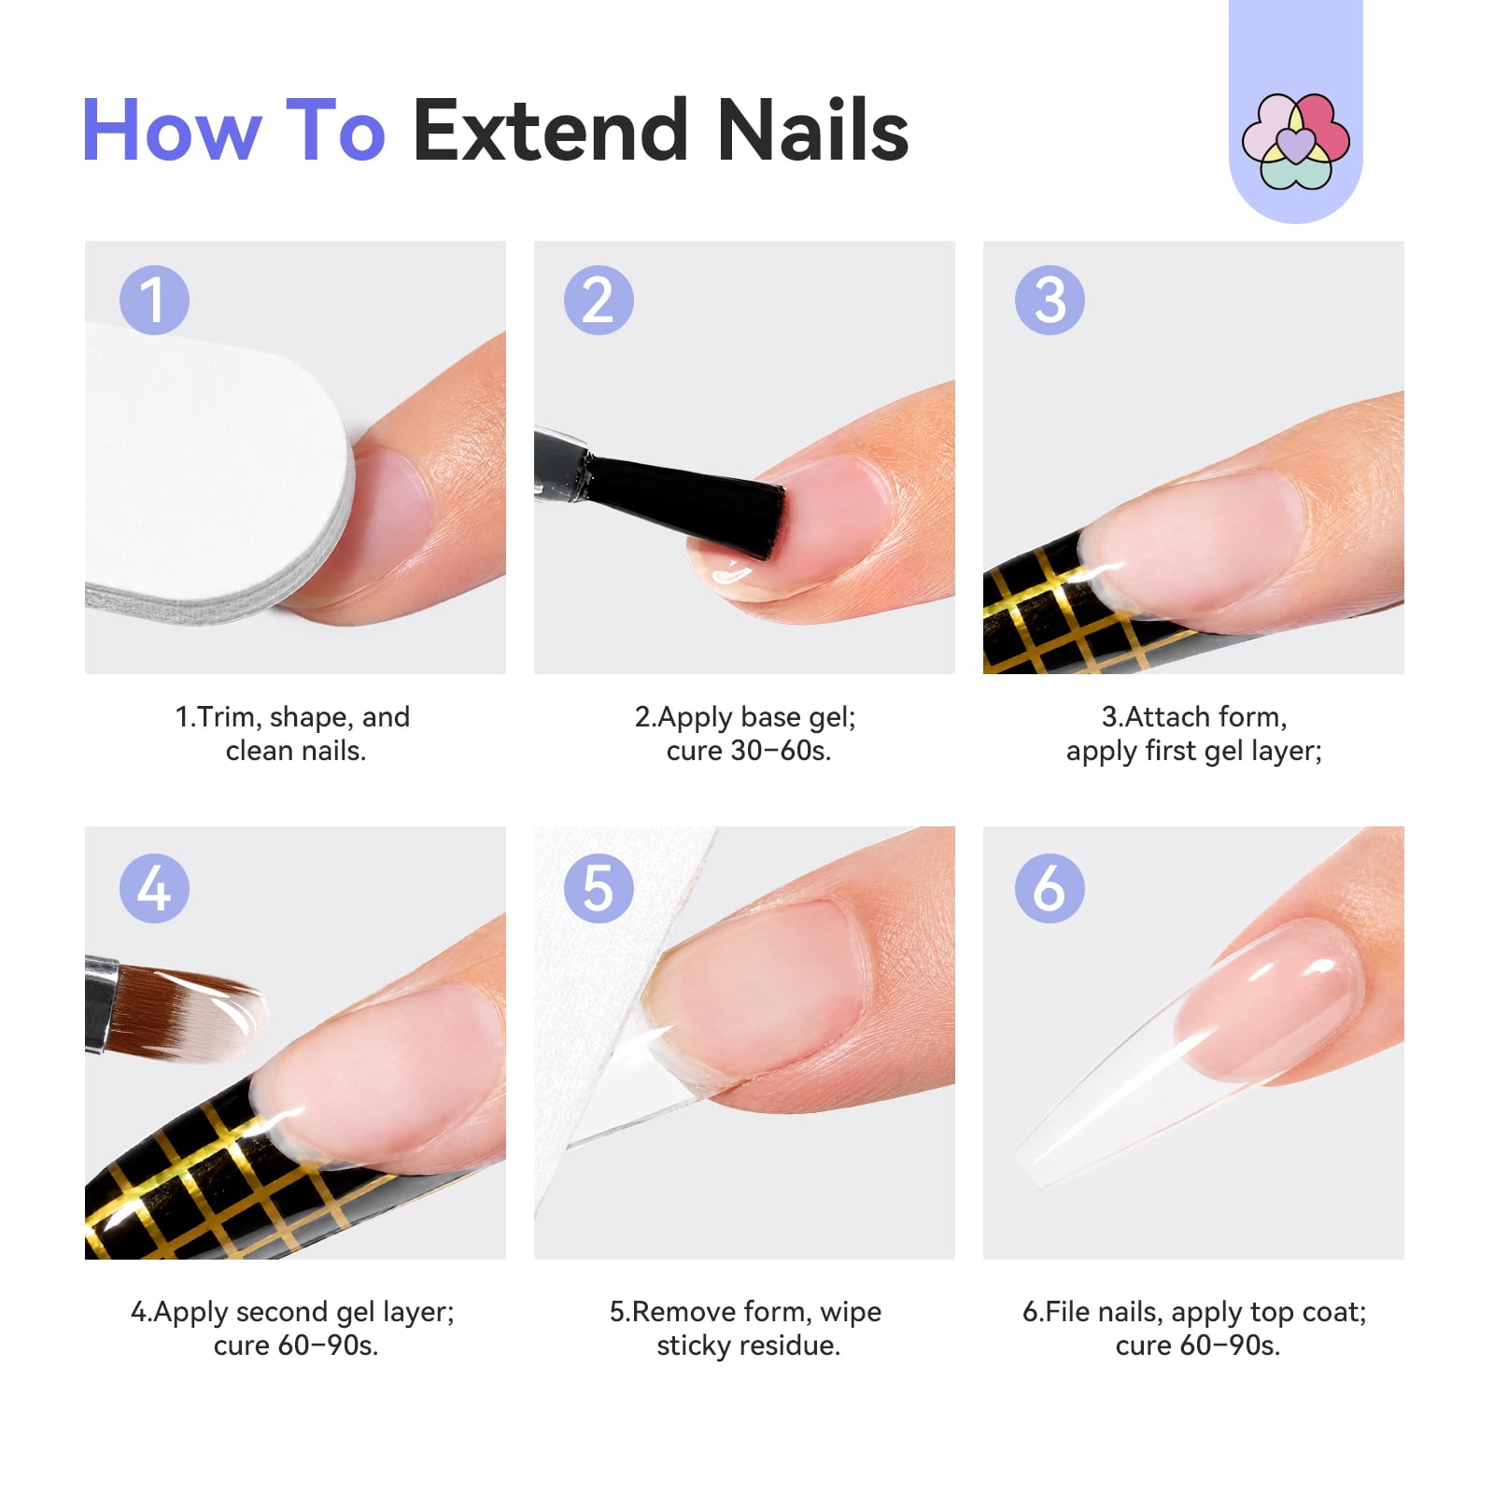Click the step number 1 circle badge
pos(154,300)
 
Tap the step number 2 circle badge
pos(599,300)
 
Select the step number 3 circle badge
pos(1050,300)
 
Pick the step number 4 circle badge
pos(154,887)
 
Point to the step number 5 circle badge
pos(599,887)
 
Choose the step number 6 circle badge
pos(1050,887)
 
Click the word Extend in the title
pos(551,130)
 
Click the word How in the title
pos(172,130)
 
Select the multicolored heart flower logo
pos(1295,140)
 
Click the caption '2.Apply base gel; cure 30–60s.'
pos(746,734)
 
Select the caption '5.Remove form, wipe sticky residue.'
pos(746,1328)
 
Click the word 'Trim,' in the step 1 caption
pos(229,717)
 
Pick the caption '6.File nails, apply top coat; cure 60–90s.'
pos(1194,1328)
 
